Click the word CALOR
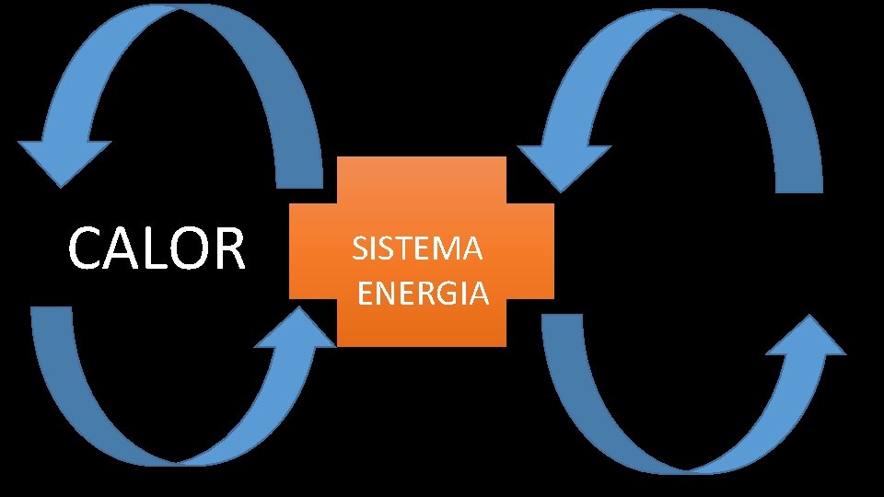pyautogui.click(x=157, y=248)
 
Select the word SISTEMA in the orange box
pyautogui.click(x=417, y=248)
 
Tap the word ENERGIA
pyautogui.click(x=423, y=294)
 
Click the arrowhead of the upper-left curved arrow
pyautogui.click(x=63, y=162)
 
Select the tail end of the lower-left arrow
pyautogui.click(x=52, y=318)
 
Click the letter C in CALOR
pyautogui.click(x=87, y=248)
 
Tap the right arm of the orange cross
pyautogui.click(x=531, y=251)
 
